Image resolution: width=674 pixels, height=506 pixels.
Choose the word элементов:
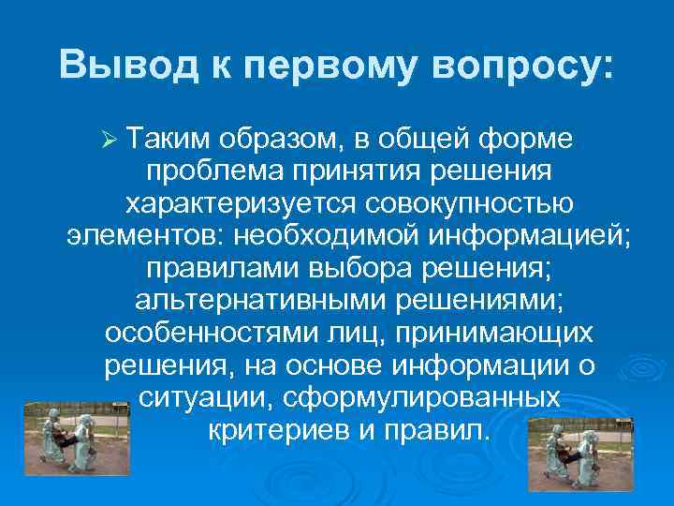click(147, 235)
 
